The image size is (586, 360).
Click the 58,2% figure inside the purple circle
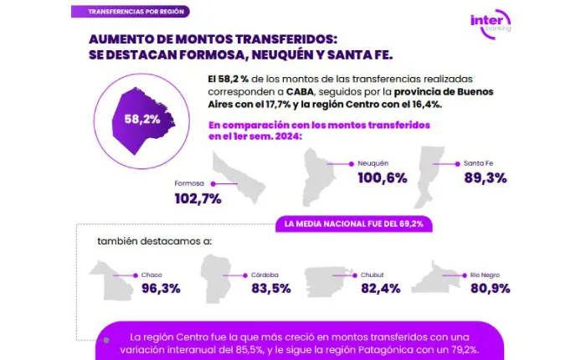[x=141, y=119]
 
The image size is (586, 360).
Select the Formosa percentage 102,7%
[x=198, y=198]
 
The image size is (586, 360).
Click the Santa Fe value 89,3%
[x=485, y=177]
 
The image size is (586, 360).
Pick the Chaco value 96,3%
[x=161, y=289]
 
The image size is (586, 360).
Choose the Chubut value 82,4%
[x=381, y=289]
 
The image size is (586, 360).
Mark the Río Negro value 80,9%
[x=490, y=289]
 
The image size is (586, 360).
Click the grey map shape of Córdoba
[x=217, y=279]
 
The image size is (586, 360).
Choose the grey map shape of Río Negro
[x=432, y=278]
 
